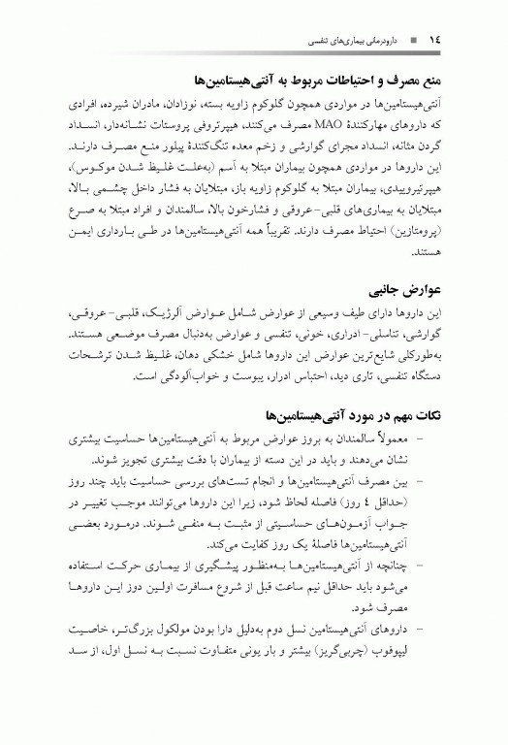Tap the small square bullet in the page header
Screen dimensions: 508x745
click(413, 40)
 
